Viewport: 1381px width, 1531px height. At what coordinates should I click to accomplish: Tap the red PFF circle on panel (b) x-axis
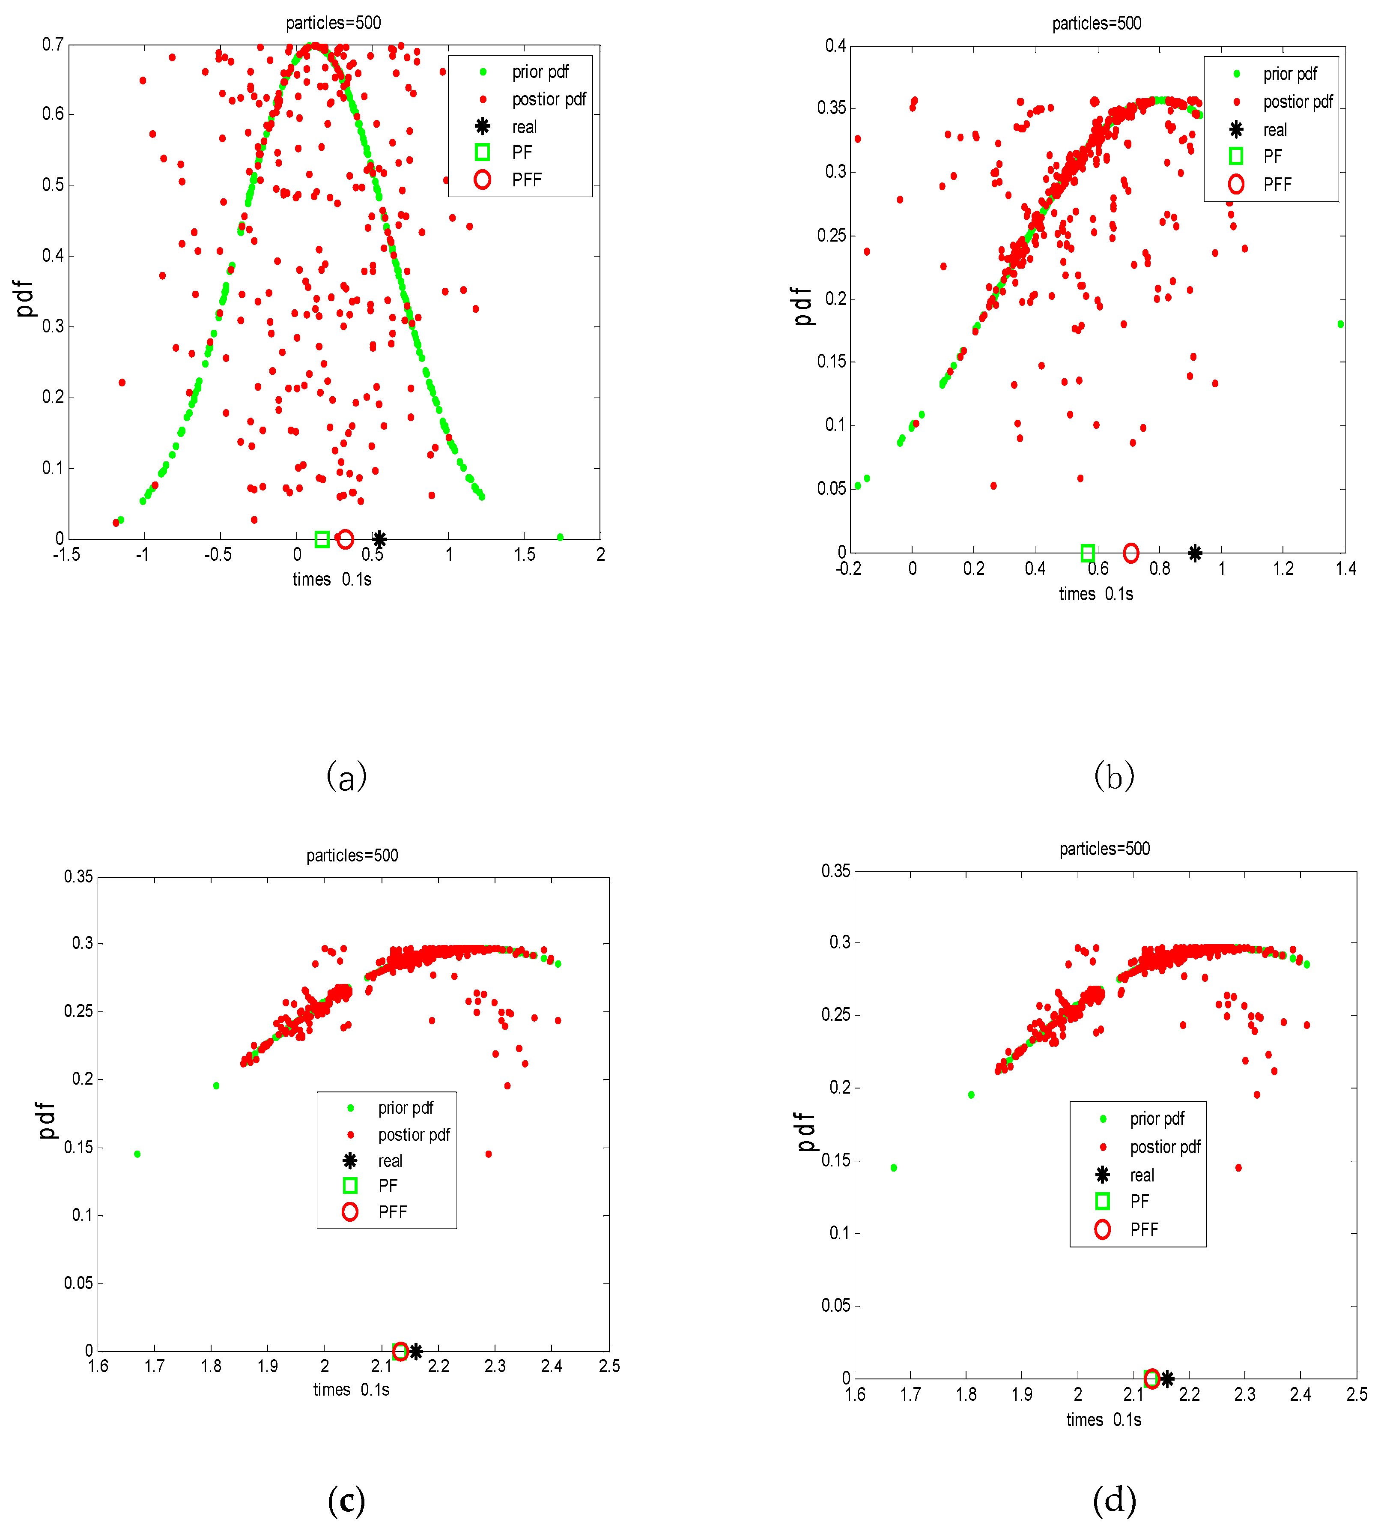(x=1130, y=553)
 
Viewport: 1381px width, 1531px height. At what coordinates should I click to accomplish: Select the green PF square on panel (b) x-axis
(x=1087, y=553)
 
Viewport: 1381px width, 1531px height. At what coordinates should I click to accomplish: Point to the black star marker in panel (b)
(x=1195, y=553)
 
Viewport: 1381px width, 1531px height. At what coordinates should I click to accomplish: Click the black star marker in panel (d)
(x=1167, y=1378)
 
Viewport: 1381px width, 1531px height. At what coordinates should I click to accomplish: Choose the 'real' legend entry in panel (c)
(x=390, y=1160)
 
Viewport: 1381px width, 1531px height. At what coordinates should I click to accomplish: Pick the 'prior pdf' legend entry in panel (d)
(x=1156, y=1119)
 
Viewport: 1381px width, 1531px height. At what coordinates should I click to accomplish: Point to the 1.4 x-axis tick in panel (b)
(x=1345, y=568)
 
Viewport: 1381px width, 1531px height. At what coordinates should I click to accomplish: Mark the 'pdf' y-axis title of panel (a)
(x=25, y=298)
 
